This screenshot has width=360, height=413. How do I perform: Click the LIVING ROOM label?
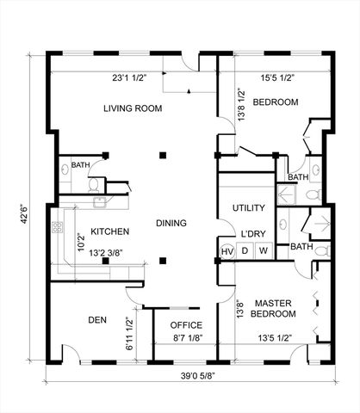(x=133, y=108)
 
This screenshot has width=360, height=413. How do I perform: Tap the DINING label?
(x=171, y=223)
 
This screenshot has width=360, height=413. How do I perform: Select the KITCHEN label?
(x=110, y=231)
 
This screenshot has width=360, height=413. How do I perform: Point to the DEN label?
(x=97, y=320)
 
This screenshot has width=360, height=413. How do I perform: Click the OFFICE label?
(x=186, y=325)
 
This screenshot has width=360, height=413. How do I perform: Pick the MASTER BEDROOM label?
(x=273, y=308)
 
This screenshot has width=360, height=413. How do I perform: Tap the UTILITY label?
(x=249, y=207)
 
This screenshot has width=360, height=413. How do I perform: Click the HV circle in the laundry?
(x=227, y=251)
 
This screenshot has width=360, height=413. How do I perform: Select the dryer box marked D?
(x=245, y=251)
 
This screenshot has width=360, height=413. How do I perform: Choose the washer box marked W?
(x=264, y=251)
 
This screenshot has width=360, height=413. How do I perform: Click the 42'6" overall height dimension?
(x=24, y=214)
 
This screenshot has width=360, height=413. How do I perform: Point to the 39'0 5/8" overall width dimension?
(x=198, y=376)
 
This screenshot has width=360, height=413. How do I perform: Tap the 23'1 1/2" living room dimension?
(x=129, y=78)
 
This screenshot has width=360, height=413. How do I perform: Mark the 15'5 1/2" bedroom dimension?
(x=277, y=78)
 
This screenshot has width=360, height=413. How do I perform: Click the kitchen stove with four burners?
(x=58, y=227)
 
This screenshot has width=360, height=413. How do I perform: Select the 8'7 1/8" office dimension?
(x=188, y=338)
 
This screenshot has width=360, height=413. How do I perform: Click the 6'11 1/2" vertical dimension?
(x=130, y=334)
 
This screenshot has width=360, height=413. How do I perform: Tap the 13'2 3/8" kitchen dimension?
(x=106, y=253)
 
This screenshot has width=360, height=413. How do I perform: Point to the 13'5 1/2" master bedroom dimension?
(x=275, y=338)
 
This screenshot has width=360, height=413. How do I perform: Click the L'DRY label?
(x=253, y=234)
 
